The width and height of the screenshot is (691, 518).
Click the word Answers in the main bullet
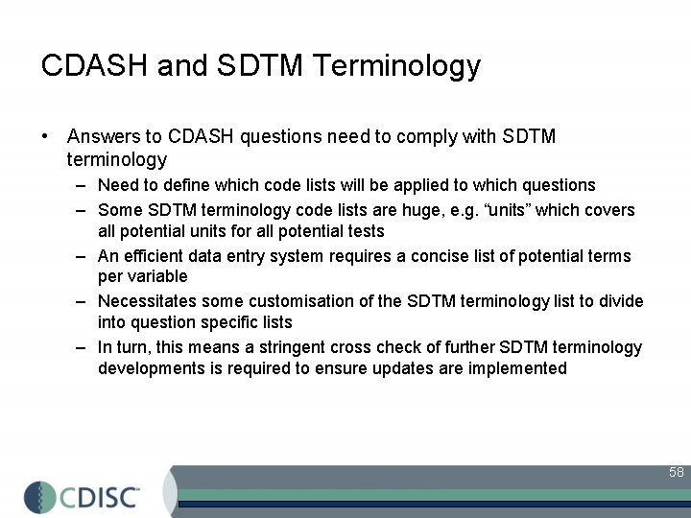tap(104, 137)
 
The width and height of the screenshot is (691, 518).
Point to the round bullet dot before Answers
tap(46, 137)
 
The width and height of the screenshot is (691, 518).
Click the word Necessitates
tap(145, 302)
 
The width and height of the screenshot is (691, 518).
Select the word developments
tap(147, 368)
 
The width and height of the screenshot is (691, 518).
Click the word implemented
tap(519, 368)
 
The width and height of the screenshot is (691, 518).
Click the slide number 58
tap(676, 472)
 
